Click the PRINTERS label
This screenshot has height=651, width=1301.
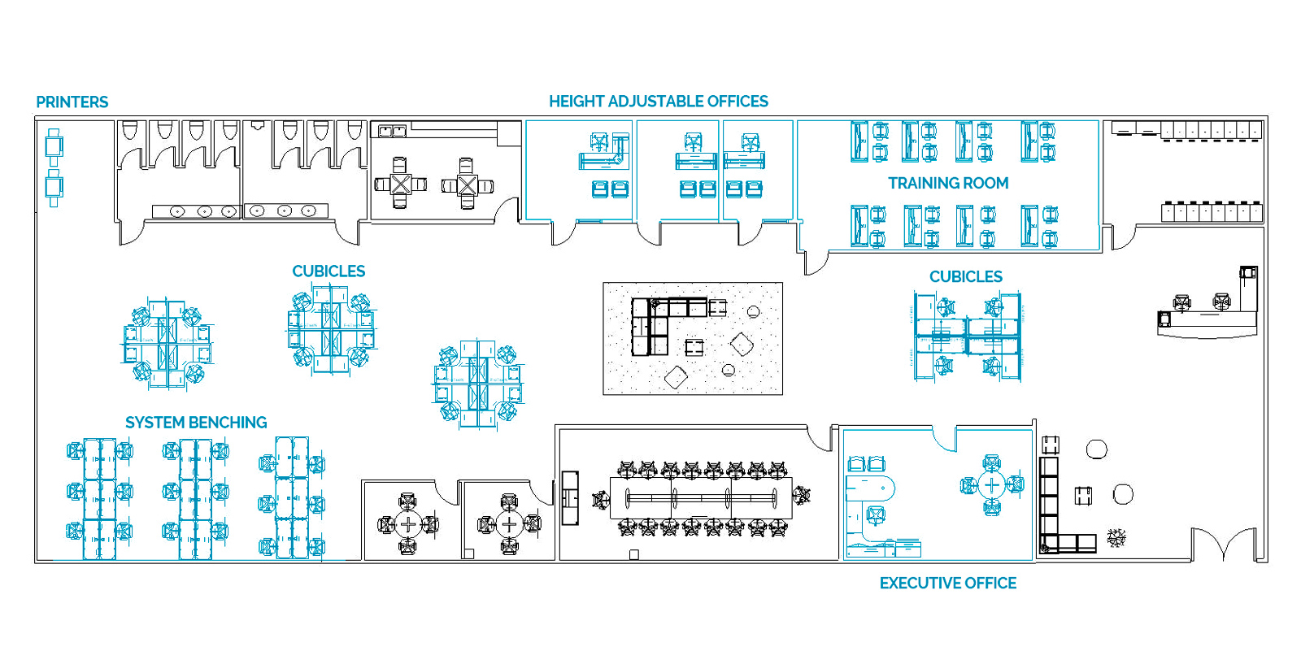[72, 102]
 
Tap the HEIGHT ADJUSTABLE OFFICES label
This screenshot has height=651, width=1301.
[658, 102]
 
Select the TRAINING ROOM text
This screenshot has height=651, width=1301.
[947, 184]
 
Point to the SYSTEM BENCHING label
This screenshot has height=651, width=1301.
[196, 423]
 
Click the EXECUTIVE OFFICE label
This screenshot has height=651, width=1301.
[947, 584]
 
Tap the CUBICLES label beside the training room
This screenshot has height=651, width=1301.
[965, 277]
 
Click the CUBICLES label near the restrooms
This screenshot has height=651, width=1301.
[329, 271]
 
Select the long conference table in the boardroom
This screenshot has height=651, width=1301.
[700, 498]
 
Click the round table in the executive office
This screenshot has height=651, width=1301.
[991, 486]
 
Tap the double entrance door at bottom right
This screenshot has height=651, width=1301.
[1224, 545]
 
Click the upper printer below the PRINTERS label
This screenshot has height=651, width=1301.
[54, 147]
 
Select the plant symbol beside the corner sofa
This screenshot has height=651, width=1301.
[1116, 537]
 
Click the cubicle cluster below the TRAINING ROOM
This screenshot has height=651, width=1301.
[967, 335]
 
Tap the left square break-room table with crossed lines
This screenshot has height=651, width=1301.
[400, 184]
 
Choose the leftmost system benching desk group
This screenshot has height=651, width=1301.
[99, 498]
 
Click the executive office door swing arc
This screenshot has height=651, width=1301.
[943, 439]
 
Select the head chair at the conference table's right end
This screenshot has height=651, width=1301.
[803, 495]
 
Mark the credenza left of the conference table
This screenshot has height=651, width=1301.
[570, 497]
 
